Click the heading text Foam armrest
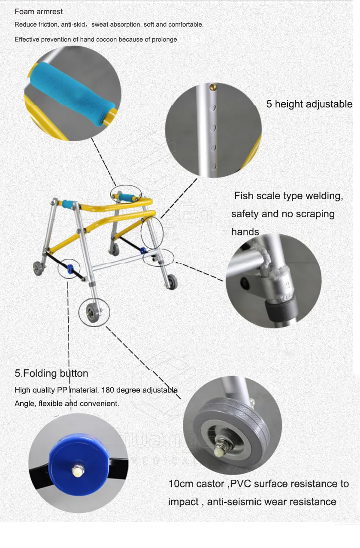tap(39, 12)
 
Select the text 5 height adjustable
tap(309, 104)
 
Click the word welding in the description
tap(324, 196)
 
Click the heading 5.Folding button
tap(51, 373)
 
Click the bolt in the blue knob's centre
tap(78, 471)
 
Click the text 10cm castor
tap(196, 484)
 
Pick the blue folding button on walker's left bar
tap(70, 269)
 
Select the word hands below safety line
tap(245, 232)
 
